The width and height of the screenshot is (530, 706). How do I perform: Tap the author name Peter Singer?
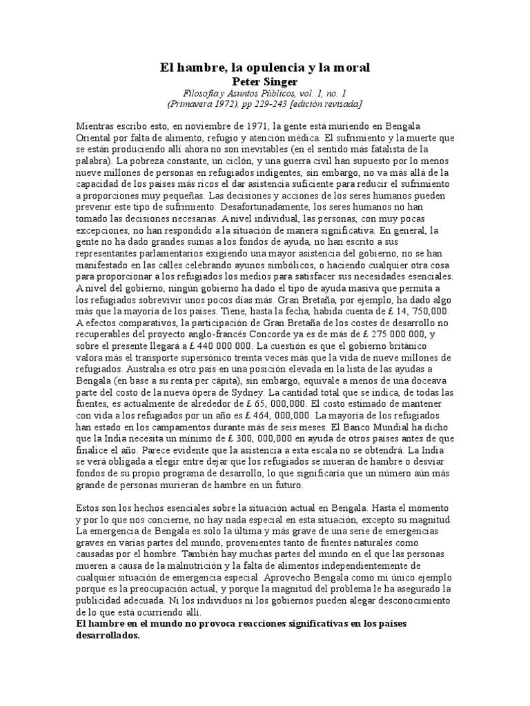[265, 81]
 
